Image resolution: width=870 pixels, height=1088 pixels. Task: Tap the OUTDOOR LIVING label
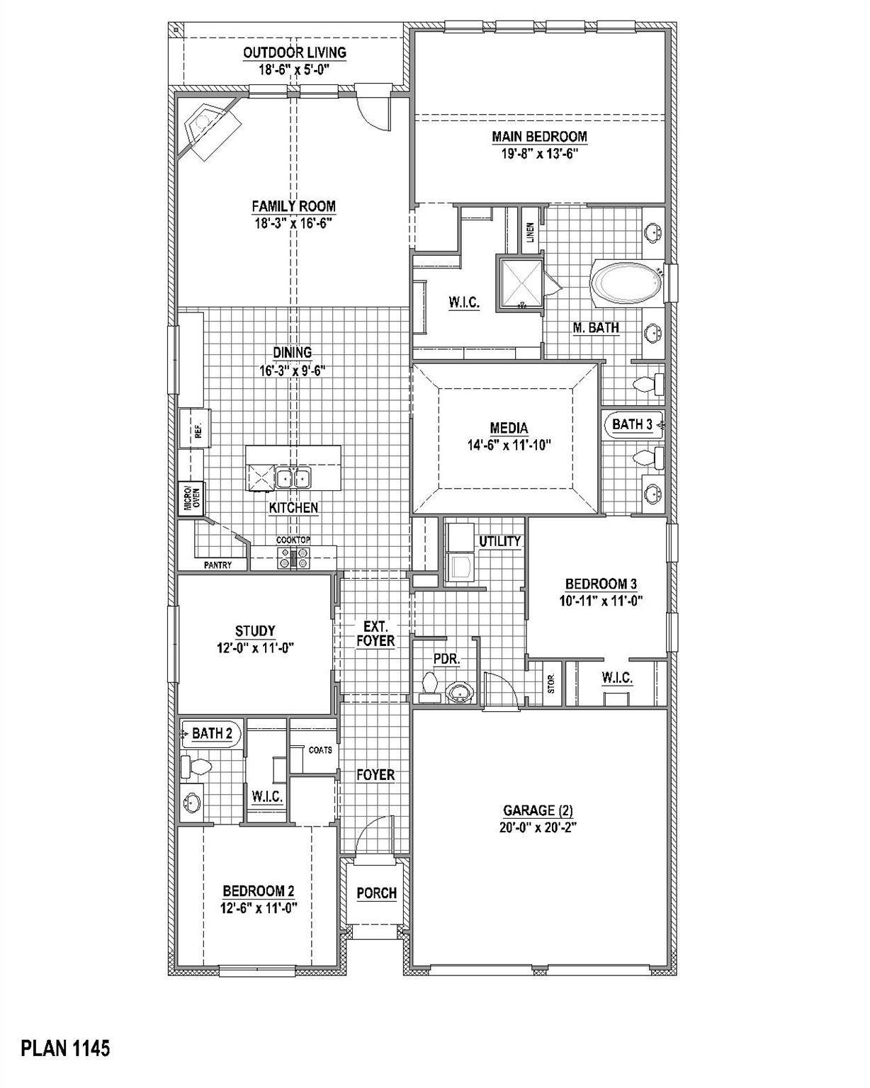pyautogui.click(x=295, y=52)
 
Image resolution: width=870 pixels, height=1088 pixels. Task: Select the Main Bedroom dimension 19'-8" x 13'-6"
pyautogui.click(x=540, y=153)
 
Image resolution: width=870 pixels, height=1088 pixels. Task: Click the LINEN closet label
pyautogui.click(x=530, y=232)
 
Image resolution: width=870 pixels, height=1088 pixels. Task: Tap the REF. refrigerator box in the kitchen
pyautogui.click(x=195, y=429)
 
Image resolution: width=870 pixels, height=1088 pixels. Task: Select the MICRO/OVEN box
pyautogui.click(x=191, y=497)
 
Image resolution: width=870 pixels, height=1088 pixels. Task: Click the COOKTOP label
pyautogui.click(x=293, y=540)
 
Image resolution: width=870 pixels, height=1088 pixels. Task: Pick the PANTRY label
pyautogui.click(x=218, y=565)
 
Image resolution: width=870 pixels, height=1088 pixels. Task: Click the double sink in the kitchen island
pyautogui.click(x=293, y=477)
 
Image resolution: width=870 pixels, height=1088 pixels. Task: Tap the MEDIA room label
pyautogui.click(x=509, y=428)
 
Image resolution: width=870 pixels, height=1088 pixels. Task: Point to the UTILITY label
pyautogui.click(x=499, y=541)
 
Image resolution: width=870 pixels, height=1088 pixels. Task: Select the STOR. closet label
pyautogui.click(x=551, y=683)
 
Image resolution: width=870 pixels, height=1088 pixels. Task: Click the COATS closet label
pyautogui.click(x=320, y=750)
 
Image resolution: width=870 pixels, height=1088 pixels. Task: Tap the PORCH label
pyautogui.click(x=377, y=893)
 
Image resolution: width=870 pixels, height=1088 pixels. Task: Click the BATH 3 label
pyautogui.click(x=632, y=424)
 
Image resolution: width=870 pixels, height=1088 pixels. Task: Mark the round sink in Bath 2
pyautogui.click(x=192, y=802)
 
